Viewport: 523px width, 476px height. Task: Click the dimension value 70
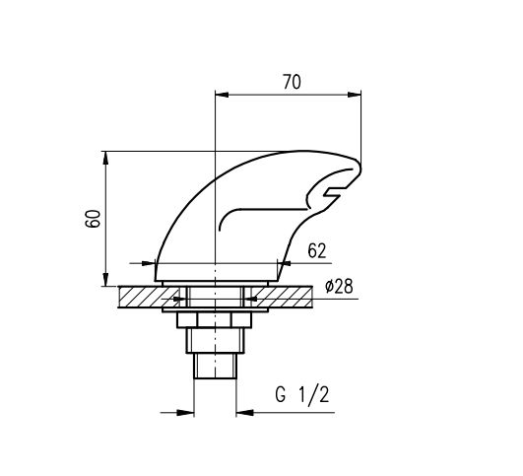coord(292,82)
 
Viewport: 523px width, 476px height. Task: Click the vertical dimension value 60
coord(93,219)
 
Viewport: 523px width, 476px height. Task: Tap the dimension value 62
coord(316,251)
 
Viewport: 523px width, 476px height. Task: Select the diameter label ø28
coord(339,287)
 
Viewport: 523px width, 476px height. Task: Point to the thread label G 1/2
coord(302,395)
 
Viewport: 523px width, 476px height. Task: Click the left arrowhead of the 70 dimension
coord(222,95)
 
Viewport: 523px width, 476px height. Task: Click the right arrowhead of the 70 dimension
coord(355,95)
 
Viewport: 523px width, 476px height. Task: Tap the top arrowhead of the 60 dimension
coord(105,158)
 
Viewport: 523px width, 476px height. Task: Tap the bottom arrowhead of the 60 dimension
coord(105,280)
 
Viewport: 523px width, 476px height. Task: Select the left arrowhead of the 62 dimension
coord(149,263)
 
